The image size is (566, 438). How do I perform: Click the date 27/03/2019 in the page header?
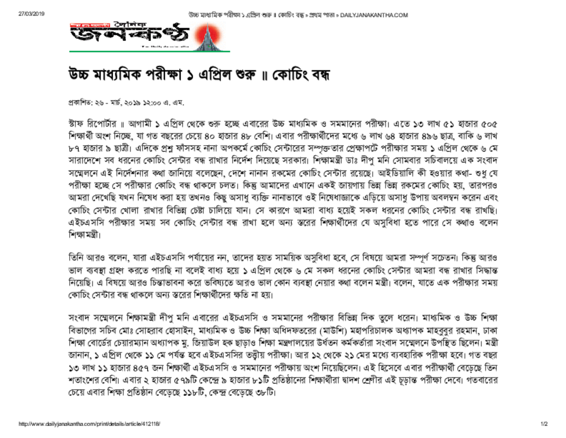[x=30, y=14]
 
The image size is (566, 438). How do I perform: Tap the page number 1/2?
[x=544, y=424]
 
